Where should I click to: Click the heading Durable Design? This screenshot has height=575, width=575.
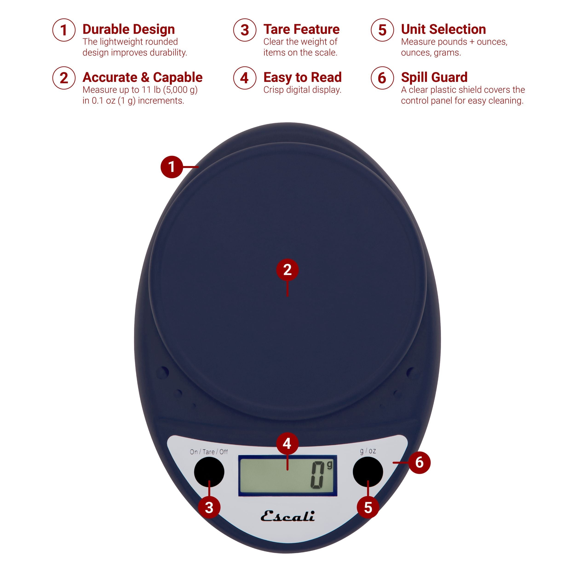tap(129, 29)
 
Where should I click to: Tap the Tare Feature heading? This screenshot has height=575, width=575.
tap(301, 29)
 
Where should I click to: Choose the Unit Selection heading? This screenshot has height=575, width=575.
tap(443, 29)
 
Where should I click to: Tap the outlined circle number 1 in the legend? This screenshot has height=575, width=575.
tap(64, 30)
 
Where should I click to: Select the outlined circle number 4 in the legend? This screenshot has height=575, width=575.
tap(244, 78)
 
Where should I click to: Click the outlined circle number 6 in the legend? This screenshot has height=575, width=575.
tap(382, 78)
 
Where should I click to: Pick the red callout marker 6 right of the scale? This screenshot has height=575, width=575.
tap(419, 463)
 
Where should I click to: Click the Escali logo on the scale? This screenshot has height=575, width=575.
tap(287, 516)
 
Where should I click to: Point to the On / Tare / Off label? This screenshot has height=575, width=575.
tap(209, 452)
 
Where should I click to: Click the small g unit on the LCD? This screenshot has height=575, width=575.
tap(329, 465)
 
